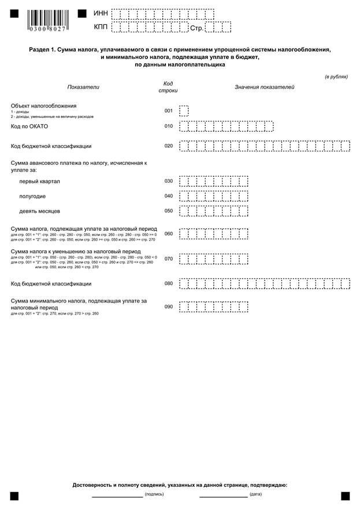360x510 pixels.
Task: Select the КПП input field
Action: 149,27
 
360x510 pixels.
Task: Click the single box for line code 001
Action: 184,110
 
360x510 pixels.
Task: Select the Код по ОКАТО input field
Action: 226,127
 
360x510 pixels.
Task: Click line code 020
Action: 169,146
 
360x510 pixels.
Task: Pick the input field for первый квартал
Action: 214,182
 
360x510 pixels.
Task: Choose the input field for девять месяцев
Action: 214,211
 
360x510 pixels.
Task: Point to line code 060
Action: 169,234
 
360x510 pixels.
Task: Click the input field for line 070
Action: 214,258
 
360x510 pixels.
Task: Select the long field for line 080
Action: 265,284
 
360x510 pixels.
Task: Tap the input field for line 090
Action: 214,306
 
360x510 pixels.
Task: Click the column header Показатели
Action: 83,87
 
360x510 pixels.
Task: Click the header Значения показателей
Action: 264,87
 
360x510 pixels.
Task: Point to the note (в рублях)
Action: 336,76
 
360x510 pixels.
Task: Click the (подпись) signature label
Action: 154,495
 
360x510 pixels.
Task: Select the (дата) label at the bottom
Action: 255,495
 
